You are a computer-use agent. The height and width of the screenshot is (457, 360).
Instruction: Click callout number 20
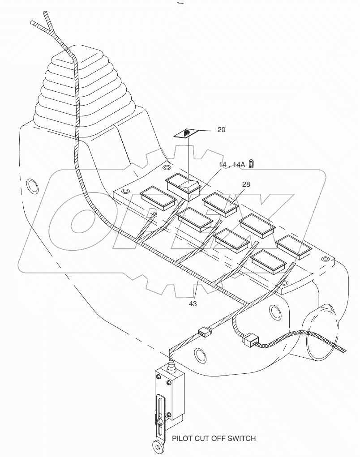point(221,130)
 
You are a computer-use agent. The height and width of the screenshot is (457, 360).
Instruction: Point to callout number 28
point(246,184)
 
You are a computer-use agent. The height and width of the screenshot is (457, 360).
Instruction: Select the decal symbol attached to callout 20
point(188,133)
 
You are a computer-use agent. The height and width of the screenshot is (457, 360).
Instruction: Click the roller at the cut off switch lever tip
point(155,446)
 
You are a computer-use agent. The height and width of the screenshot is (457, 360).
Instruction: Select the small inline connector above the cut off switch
point(203,332)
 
